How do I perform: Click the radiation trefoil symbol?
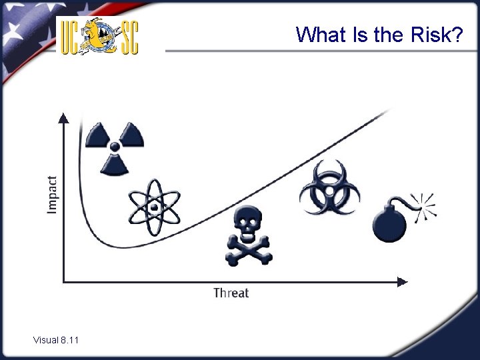coord(115,146)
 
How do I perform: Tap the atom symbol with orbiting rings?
coord(154,207)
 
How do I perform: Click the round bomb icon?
coord(390,223)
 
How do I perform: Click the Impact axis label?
coord(52,195)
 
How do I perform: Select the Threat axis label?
coord(231,293)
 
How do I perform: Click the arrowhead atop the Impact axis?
coord(63,118)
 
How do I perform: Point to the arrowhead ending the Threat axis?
coord(403,281)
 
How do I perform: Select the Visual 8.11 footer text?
coord(56,341)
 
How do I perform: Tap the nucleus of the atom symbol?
coord(154,207)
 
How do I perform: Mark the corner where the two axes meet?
coord(64,281)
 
